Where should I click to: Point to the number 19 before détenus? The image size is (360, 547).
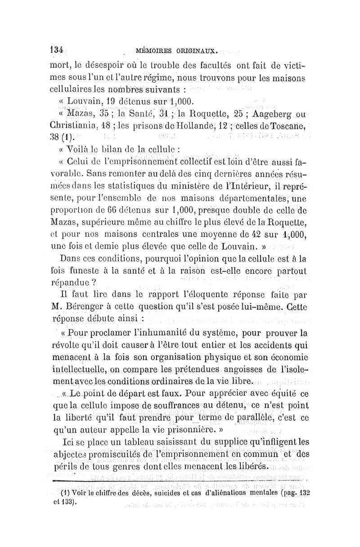coord(88,102)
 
